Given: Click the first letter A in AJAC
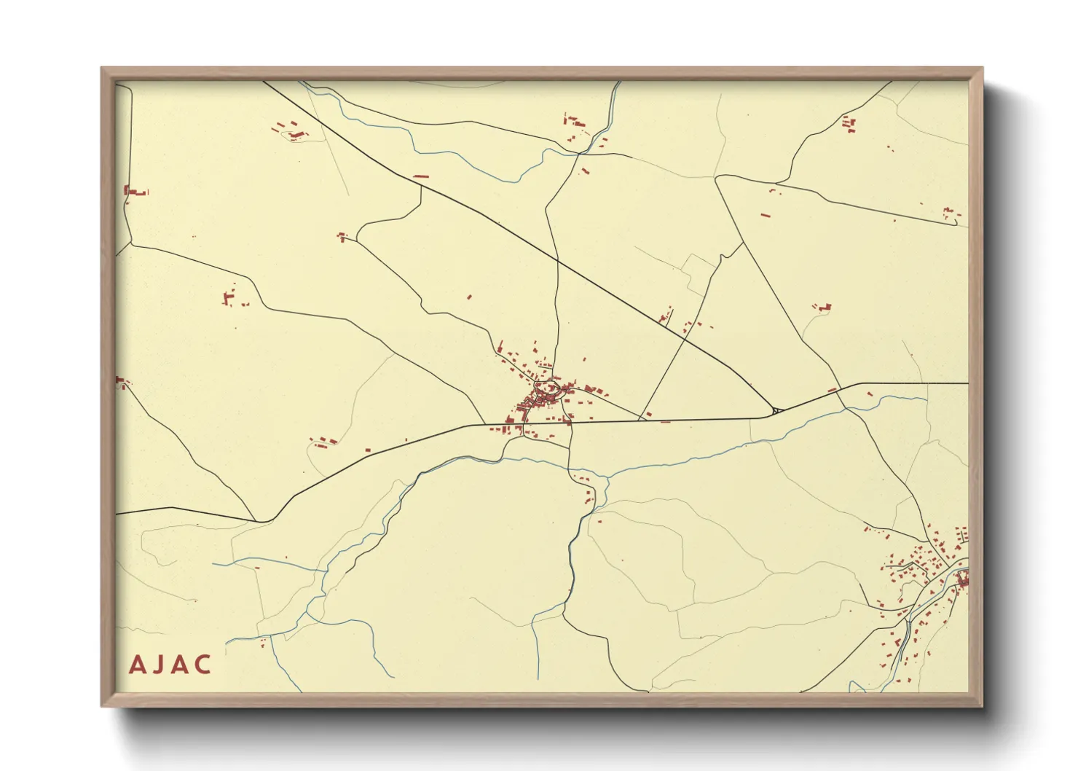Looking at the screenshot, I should click(137, 665).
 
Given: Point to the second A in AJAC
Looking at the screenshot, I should click(179, 665).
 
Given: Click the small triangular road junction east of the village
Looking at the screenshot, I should click(776, 412).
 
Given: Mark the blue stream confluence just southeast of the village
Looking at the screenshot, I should click(604, 478).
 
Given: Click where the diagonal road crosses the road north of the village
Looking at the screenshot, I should click(557, 260).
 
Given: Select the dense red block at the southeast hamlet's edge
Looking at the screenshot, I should click(964, 580).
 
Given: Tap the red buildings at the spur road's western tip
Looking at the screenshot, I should click(342, 236).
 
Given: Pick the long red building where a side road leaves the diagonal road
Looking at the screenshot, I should click(420, 176).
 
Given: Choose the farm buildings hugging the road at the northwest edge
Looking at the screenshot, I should click(135, 192).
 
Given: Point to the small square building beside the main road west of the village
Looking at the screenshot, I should click(367, 450).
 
